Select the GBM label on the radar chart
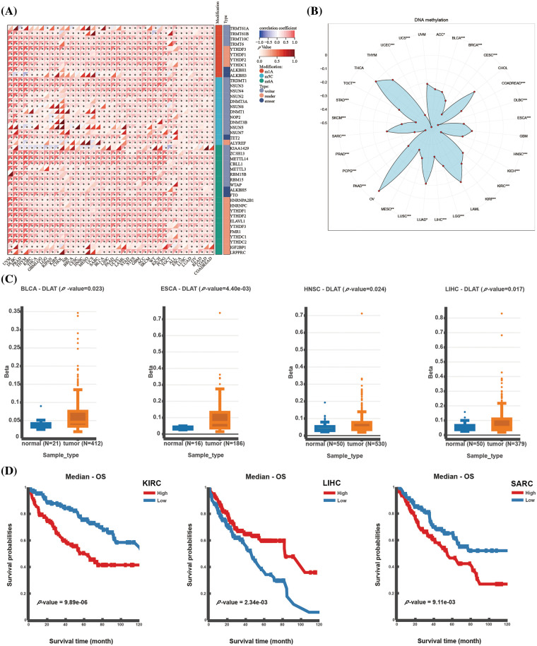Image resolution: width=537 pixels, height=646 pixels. [504, 135]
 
